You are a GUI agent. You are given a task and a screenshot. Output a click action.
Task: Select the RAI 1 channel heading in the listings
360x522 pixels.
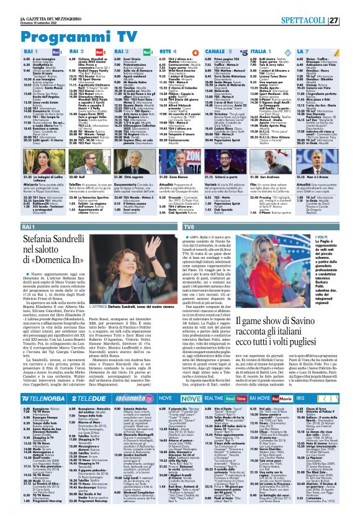[x=16, y=52]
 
